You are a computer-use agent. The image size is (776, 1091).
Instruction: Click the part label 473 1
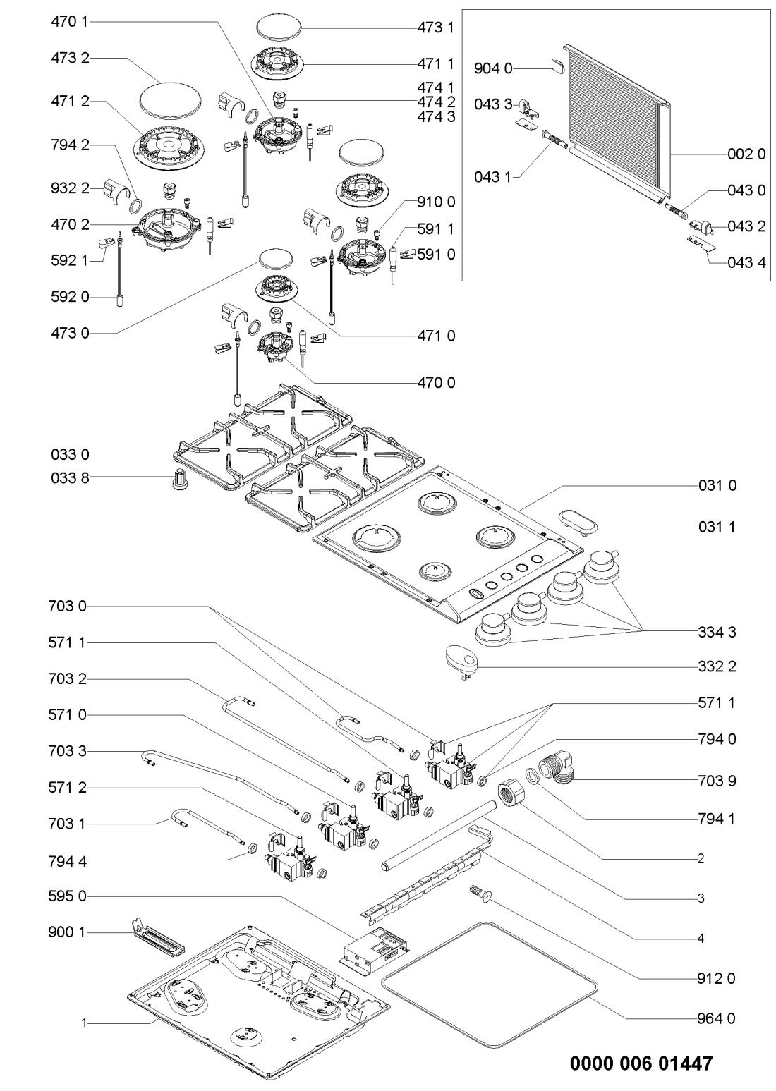point(437,28)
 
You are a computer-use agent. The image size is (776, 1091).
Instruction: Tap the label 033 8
point(70,477)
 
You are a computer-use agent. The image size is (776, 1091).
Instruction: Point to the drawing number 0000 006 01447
point(641,1062)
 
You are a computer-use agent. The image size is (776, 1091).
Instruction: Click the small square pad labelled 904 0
point(557,66)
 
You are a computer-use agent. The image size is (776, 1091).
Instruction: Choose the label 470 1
point(70,22)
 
